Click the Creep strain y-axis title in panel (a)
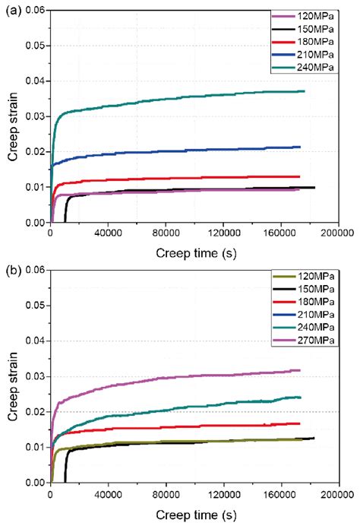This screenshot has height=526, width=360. coord(12,116)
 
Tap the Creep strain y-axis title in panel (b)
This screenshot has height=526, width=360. coord(12,375)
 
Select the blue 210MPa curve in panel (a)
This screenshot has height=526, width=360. coord(190,152)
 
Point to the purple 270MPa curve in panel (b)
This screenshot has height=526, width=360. coord(190,378)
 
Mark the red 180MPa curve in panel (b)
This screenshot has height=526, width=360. coord(190,427)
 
